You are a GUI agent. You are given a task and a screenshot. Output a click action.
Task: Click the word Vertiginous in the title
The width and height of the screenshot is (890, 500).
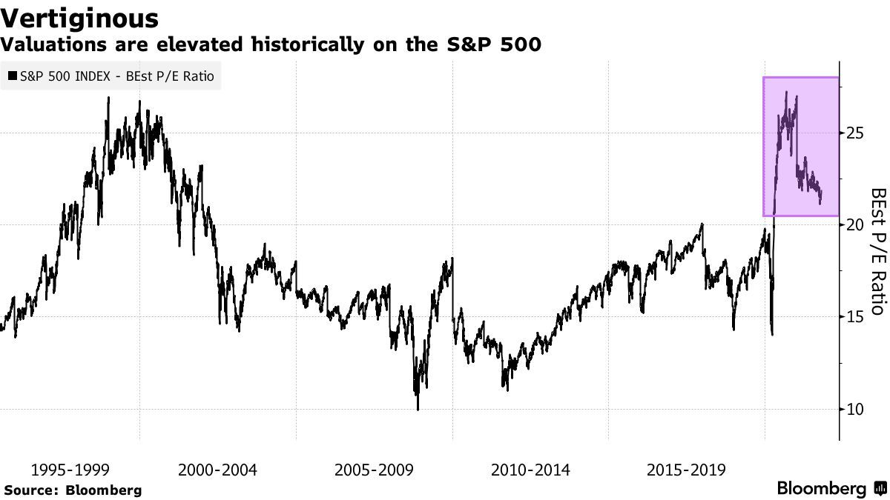79,18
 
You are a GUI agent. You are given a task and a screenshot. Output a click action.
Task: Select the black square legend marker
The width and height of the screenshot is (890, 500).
13,76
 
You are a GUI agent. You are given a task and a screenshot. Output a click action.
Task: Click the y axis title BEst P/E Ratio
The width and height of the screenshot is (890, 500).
877,250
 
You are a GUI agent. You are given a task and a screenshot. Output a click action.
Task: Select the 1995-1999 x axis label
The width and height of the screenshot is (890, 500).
70,470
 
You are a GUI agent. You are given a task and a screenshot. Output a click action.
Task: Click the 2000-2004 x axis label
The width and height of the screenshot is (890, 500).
217,470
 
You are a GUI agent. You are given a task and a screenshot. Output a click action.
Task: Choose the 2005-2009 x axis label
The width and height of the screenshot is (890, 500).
375,470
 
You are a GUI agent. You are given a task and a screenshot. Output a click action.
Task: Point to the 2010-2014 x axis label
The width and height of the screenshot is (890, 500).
530,470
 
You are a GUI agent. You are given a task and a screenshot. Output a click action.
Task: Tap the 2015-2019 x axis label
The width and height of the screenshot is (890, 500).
687,470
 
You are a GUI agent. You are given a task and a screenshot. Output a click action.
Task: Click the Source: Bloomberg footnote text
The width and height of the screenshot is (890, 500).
73,490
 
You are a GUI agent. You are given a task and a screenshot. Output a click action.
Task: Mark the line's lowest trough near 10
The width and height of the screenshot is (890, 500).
418,409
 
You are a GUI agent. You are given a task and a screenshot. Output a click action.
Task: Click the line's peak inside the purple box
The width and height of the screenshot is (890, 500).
786,93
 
